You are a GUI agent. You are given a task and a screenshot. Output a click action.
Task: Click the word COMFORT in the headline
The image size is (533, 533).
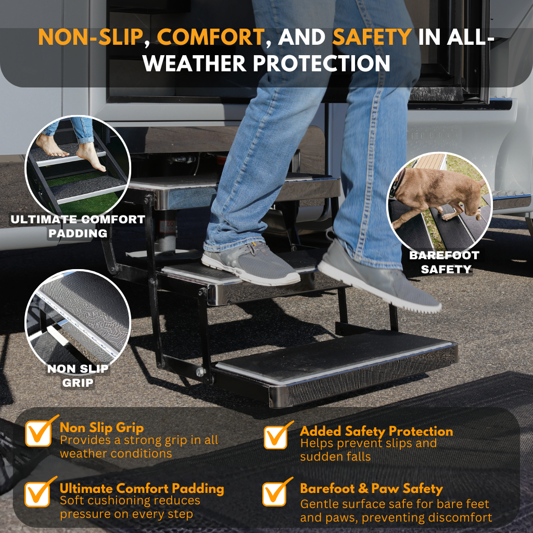pos(210,37)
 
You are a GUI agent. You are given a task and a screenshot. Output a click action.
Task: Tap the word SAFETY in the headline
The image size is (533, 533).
pos(372,37)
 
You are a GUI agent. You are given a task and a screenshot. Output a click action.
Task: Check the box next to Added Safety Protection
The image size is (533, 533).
pos(278,435)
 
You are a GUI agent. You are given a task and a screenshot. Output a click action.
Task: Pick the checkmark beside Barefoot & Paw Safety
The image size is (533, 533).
pos(277,492)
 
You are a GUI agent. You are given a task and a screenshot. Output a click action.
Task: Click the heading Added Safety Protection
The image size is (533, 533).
pos(376,431)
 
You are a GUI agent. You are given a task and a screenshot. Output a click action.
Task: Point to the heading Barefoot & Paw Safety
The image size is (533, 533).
pos(372,488)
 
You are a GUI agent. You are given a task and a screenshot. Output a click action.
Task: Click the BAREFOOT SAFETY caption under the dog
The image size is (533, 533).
pos(445,262)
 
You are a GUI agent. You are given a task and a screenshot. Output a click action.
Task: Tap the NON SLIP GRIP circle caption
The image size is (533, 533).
pos(78,376)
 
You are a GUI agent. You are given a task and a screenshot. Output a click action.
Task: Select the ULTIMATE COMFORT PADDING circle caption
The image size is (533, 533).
pos(78,226)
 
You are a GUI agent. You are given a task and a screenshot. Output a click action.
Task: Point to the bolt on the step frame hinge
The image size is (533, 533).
pos(200,371)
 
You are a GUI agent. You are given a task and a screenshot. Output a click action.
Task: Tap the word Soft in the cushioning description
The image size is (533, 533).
pos(71,500)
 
